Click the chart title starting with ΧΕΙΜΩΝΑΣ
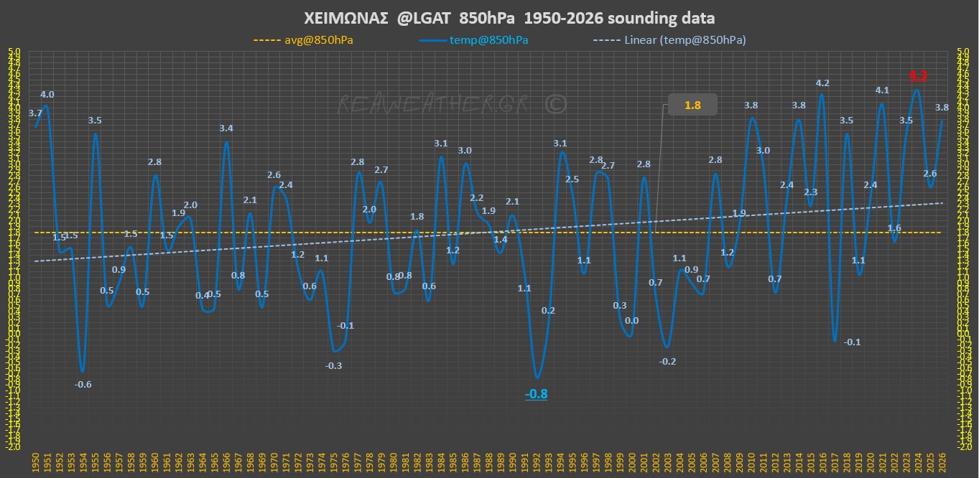tap(489, 18)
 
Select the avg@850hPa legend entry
tap(304, 40)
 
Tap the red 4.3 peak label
tap(918, 75)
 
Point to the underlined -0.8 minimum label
tap(536, 394)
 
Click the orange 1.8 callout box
tap(692, 106)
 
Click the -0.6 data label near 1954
tap(83, 385)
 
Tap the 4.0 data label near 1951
tap(47, 95)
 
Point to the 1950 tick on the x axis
tap(35, 463)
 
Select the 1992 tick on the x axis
tap(537, 463)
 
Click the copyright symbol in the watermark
tap(555, 104)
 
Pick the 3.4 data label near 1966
tap(226, 128)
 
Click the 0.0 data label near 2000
tap(632, 322)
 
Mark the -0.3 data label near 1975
tap(333, 365)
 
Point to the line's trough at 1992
tap(537, 378)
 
